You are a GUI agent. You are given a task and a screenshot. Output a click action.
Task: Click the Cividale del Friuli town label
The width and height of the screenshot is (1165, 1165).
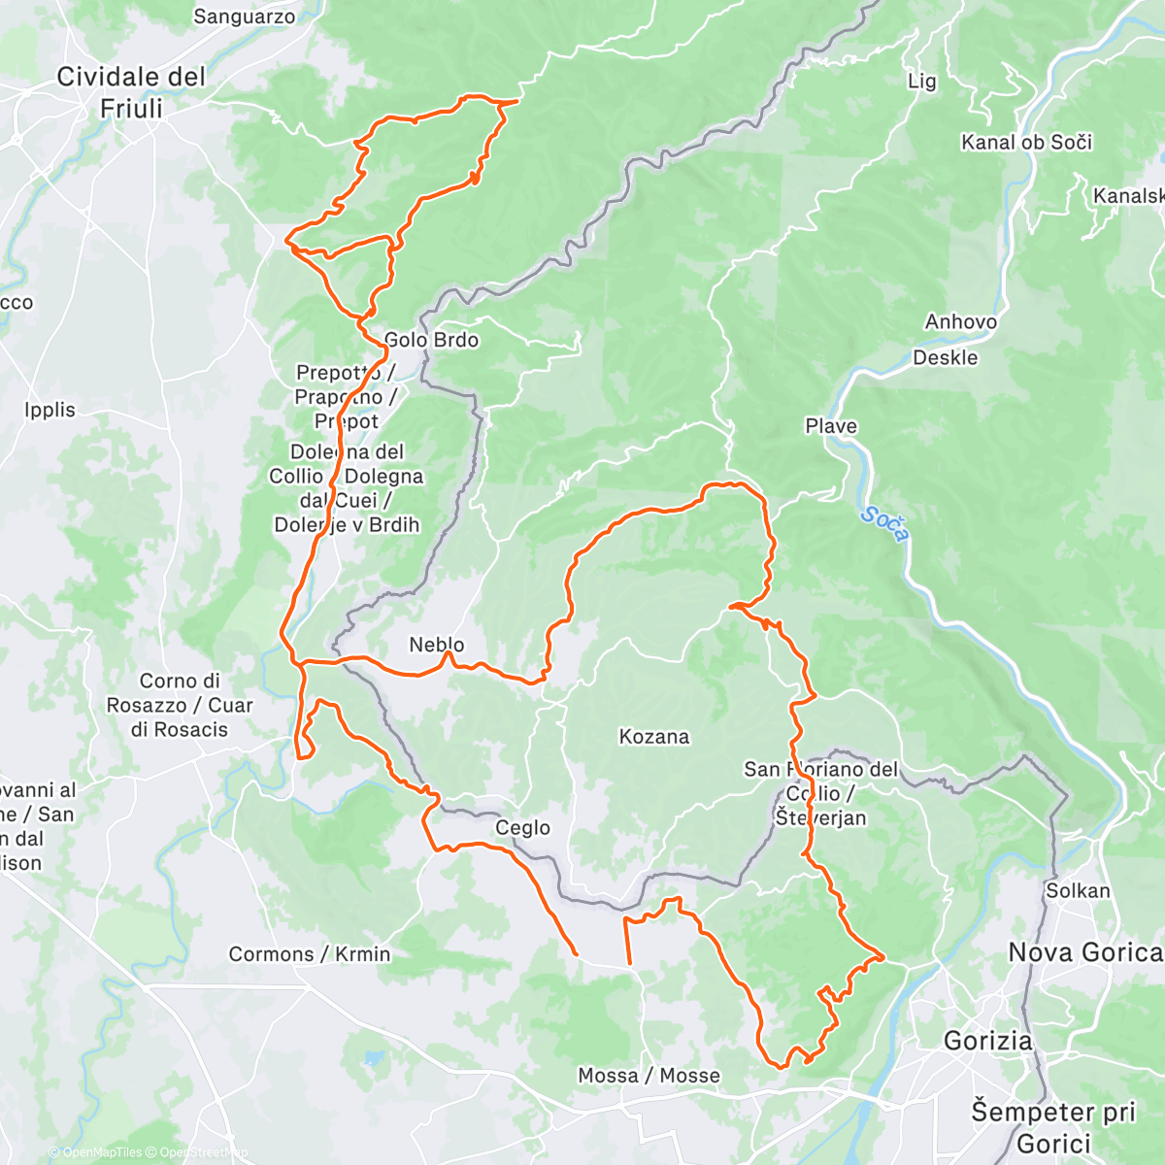131,92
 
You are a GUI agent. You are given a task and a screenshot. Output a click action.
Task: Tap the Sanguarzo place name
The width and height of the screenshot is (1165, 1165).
244,17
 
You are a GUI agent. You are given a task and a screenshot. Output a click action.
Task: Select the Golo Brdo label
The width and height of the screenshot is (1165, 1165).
431,340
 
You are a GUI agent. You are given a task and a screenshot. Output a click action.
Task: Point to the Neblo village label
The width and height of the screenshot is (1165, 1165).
436,645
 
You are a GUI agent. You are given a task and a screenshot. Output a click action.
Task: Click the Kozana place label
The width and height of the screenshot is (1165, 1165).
654,737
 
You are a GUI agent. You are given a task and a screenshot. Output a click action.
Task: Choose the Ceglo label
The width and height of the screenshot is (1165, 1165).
522,828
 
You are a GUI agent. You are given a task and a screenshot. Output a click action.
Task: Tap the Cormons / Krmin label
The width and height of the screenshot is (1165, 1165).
309,954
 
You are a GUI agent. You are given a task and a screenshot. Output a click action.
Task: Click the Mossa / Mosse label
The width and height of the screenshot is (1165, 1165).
649,1076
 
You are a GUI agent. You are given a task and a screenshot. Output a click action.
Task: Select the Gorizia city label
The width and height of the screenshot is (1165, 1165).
987,1041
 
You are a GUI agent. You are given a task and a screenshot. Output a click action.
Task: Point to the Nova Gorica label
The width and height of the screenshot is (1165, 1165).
1084,952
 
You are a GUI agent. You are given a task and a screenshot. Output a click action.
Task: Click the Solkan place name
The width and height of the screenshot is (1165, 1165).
1078,890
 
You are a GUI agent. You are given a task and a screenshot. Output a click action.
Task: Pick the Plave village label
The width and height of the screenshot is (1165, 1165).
831,426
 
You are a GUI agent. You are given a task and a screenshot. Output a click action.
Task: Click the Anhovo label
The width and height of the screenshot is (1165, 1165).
960,321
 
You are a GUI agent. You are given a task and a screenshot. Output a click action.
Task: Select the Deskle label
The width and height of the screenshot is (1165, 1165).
945,357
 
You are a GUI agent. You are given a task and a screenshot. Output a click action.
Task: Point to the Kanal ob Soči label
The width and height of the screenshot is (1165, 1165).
1026,143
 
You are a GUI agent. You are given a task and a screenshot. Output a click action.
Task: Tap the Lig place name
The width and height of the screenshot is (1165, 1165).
921,82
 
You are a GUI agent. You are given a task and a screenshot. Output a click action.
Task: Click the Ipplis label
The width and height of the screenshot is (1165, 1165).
50,410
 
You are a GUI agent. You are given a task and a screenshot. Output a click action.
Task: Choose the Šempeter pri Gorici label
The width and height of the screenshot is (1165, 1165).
1053,1126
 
